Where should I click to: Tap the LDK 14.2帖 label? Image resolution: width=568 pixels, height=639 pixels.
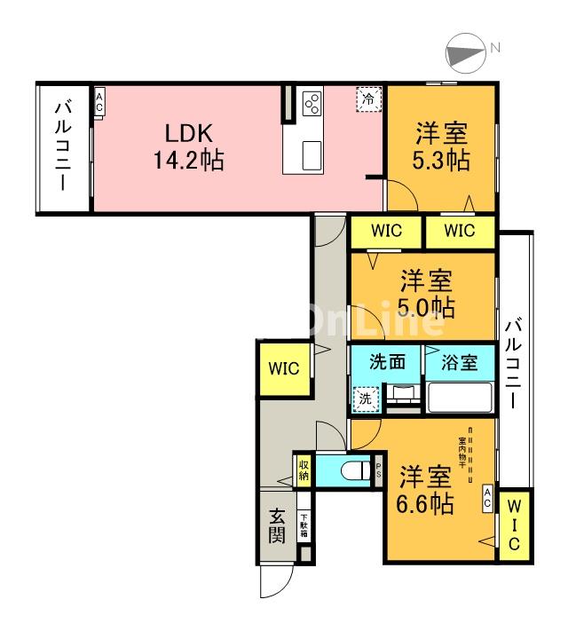click(187, 147)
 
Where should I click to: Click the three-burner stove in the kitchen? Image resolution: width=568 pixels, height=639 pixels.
click(312, 105)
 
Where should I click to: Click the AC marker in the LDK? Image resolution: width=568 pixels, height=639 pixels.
click(99, 101)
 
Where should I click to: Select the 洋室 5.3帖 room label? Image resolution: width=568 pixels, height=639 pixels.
click(441, 147)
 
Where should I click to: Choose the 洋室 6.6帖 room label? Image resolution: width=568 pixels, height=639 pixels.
click(425, 489)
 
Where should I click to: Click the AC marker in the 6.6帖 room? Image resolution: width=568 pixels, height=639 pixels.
click(488, 498)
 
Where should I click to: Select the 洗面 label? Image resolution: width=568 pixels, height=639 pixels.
click(387, 362)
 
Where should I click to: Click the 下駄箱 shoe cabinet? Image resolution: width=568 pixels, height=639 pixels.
click(304, 527)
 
